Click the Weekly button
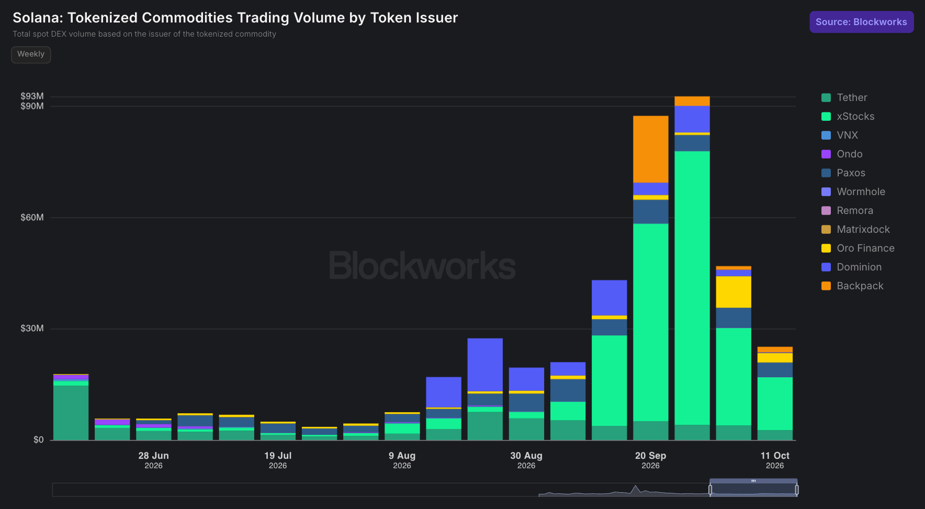pos(31,54)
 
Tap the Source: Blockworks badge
pos(861,22)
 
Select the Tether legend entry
pos(844,98)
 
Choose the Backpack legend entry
pos(852,286)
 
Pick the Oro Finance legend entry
pos(858,248)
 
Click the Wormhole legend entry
pos(853,192)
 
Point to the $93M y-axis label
pos(32,96)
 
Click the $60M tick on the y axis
pos(32,218)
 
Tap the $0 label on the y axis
pos(39,440)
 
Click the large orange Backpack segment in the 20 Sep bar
pos(650,149)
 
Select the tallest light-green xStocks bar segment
pos(692,288)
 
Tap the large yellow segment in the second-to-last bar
pos(734,292)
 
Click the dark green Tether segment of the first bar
pos(71,413)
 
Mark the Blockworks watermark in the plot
pos(422,265)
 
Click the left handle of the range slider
pos(710,490)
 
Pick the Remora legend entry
pos(847,211)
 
